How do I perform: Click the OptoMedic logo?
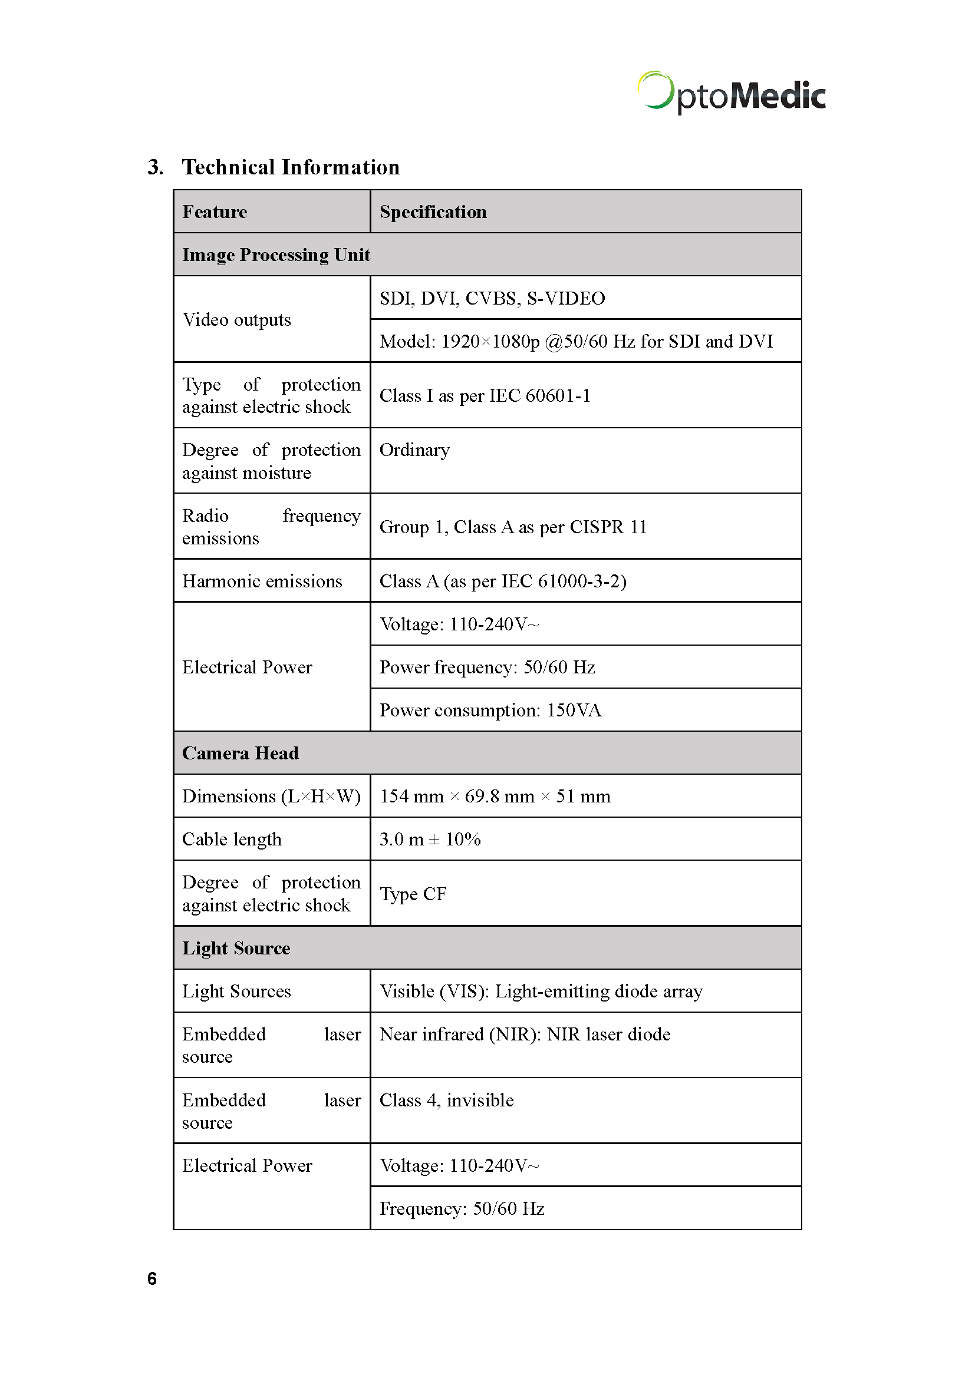coord(730,94)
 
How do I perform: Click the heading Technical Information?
coord(291,167)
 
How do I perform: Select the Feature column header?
coord(215,212)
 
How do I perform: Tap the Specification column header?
coord(433,212)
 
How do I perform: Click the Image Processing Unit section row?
coord(276,255)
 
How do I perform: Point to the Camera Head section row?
coord(240,754)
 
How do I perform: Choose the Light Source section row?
coord(236,949)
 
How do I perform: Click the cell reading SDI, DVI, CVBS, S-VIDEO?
coord(492,298)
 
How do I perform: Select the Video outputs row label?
coord(236,320)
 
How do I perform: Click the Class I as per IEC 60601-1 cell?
coord(485,396)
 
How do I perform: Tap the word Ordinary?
coord(414,450)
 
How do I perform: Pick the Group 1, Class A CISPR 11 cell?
coord(513,527)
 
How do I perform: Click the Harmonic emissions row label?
coord(262,581)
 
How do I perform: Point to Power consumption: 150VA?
coord(490,711)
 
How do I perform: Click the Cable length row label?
coord(232,840)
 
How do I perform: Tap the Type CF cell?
coord(413,894)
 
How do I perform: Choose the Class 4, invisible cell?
coord(447,1100)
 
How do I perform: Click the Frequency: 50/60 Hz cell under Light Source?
coord(462,1209)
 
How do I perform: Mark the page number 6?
coord(152,1278)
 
